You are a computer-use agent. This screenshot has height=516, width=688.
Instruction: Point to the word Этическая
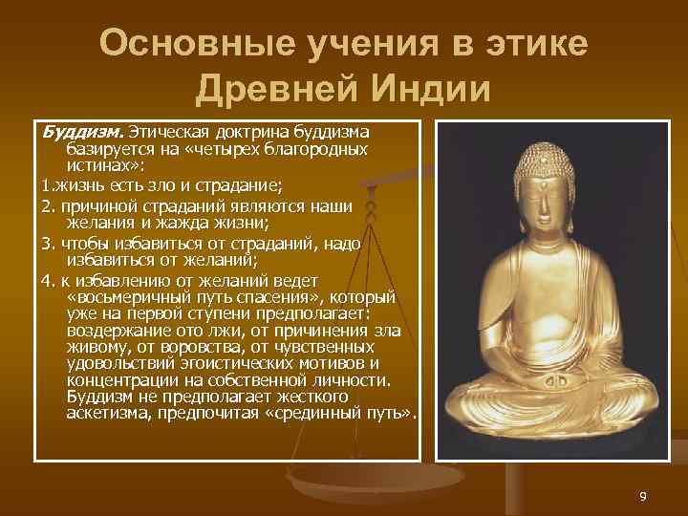tap(168, 130)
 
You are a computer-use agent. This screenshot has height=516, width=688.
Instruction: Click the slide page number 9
tap(643, 496)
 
